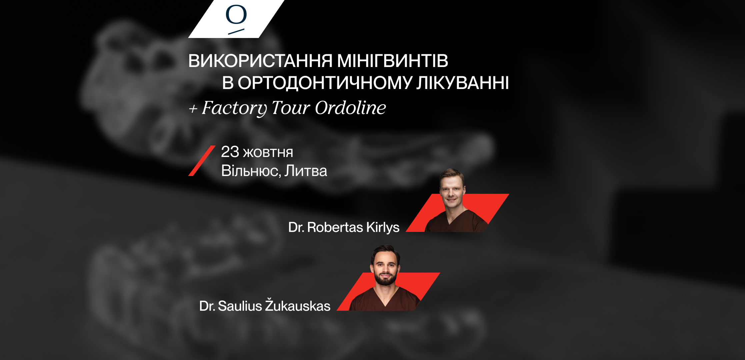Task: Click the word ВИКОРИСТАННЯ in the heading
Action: [260, 61]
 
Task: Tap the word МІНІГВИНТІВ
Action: [393, 61]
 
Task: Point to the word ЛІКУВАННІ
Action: [463, 83]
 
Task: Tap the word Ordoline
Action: [350, 108]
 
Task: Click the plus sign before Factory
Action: [193, 109]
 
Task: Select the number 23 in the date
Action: [230, 152]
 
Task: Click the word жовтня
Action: [268, 153]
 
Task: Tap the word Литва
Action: [306, 171]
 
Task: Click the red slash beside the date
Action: [202, 161]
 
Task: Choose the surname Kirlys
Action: [383, 228]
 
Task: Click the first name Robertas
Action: [335, 227]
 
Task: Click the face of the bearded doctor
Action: [385, 267]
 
